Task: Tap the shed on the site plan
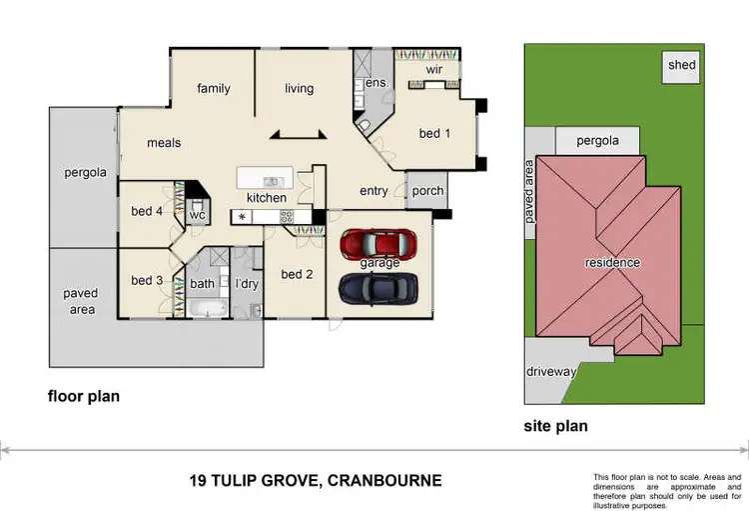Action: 682,66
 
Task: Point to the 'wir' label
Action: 433,70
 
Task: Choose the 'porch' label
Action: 427,191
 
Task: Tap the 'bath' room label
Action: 202,283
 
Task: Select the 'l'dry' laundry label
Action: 246,283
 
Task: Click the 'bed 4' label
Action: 146,211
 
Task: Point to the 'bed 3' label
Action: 146,280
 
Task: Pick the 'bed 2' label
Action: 297,275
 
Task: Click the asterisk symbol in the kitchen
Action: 241,216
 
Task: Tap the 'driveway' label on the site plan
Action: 551,372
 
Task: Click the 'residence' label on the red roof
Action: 612,263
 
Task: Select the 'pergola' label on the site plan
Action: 597,141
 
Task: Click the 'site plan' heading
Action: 555,426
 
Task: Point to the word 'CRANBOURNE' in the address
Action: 383,481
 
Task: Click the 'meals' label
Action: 164,143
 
